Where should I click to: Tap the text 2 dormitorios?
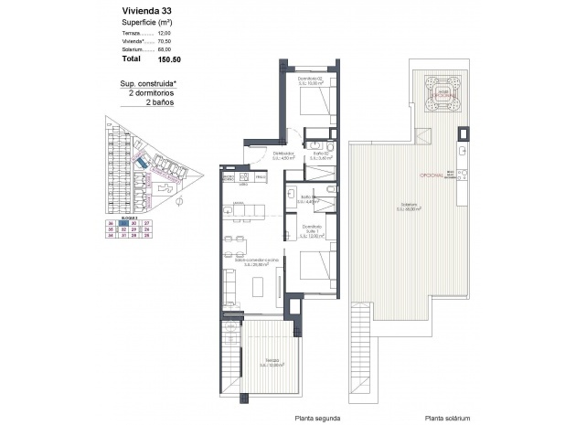(x=151, y=94)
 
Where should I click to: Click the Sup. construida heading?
(x=147, y=84)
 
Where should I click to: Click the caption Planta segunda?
(x=317, y=418)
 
